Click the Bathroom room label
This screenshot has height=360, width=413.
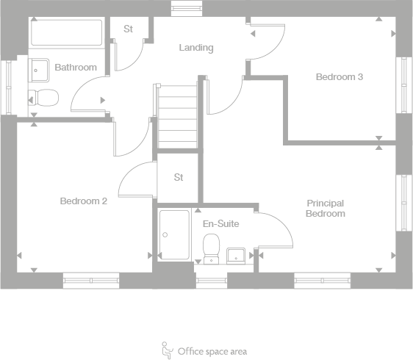(76, 68)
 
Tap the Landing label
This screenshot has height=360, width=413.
(196, 48)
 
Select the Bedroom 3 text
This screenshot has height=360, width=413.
(340, 76)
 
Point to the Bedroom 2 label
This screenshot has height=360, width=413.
(84, 201)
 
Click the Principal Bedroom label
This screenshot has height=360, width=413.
(326, 209)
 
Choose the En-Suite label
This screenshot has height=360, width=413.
(220, 223)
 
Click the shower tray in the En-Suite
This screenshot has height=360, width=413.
(174, 235)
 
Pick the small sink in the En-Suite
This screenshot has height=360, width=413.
(237, 255)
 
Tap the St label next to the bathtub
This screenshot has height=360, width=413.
(128, 29)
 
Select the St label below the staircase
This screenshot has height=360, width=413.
(179, 177)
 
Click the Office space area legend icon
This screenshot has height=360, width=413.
(167, 349)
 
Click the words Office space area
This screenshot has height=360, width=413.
(212, 351)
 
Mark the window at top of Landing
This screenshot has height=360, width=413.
(181, 8)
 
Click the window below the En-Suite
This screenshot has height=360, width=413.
(212, 280)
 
